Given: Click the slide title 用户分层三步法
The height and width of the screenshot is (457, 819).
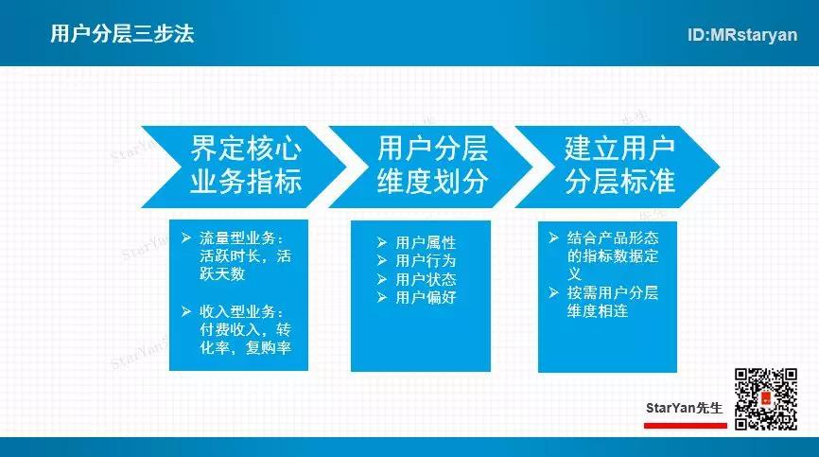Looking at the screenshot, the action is [122, 34].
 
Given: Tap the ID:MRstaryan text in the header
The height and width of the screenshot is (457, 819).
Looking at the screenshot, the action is [742, 35].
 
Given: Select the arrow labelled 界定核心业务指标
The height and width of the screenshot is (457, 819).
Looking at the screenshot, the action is [244, 167].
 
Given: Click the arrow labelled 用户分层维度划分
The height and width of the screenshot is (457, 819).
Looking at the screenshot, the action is [431, 167].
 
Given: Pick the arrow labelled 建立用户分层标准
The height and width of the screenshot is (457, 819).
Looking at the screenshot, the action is [618, 167].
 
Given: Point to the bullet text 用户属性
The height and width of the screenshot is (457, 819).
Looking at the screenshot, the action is [426, 242].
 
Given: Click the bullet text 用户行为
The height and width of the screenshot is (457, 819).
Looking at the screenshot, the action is [426, 260].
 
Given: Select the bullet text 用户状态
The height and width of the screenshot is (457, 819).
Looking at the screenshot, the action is [426, 279].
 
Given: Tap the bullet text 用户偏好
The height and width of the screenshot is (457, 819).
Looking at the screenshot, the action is [426, 298].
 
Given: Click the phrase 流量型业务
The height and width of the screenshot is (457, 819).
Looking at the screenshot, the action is [237, 238].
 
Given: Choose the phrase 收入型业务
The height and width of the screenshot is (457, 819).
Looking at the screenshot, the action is [237, 312].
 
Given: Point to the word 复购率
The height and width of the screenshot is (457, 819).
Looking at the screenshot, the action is [269, 347].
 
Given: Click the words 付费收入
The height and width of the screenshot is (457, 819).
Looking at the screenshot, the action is [230, 329].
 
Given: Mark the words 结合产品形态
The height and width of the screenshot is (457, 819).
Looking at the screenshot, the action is [613, 238].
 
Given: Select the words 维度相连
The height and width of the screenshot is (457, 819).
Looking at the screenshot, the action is [598, 310].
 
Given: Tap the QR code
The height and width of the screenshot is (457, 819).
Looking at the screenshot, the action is [766, 399].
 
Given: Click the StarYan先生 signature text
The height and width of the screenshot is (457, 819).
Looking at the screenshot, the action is [685, 408].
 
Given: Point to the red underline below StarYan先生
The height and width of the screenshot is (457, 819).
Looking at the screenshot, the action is [686, 426].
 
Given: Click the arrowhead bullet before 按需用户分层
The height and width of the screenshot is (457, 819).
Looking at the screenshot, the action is [553, 292].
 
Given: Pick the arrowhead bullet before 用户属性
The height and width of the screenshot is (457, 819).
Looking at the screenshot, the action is [382, 242].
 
